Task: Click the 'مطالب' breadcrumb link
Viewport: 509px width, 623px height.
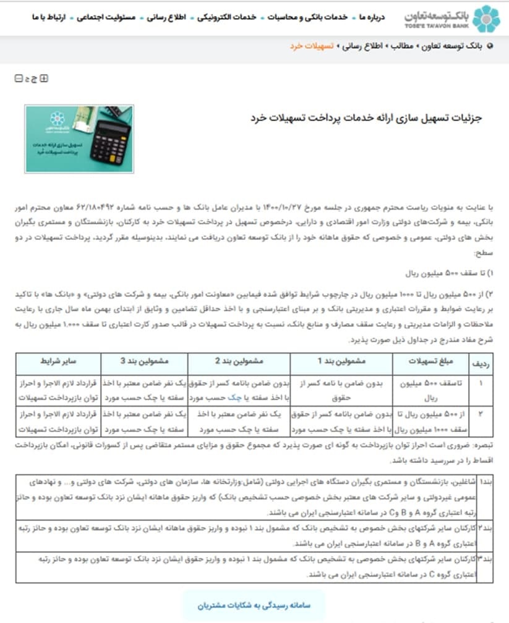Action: (x=401, y=46)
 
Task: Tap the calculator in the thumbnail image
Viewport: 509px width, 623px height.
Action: (x=110, y=141)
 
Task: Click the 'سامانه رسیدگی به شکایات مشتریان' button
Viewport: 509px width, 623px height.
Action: (x=253, y=605)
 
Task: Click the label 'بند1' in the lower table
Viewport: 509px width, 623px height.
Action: (x=487, y=480)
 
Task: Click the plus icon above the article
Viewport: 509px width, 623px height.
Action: (x=44, y=78)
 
